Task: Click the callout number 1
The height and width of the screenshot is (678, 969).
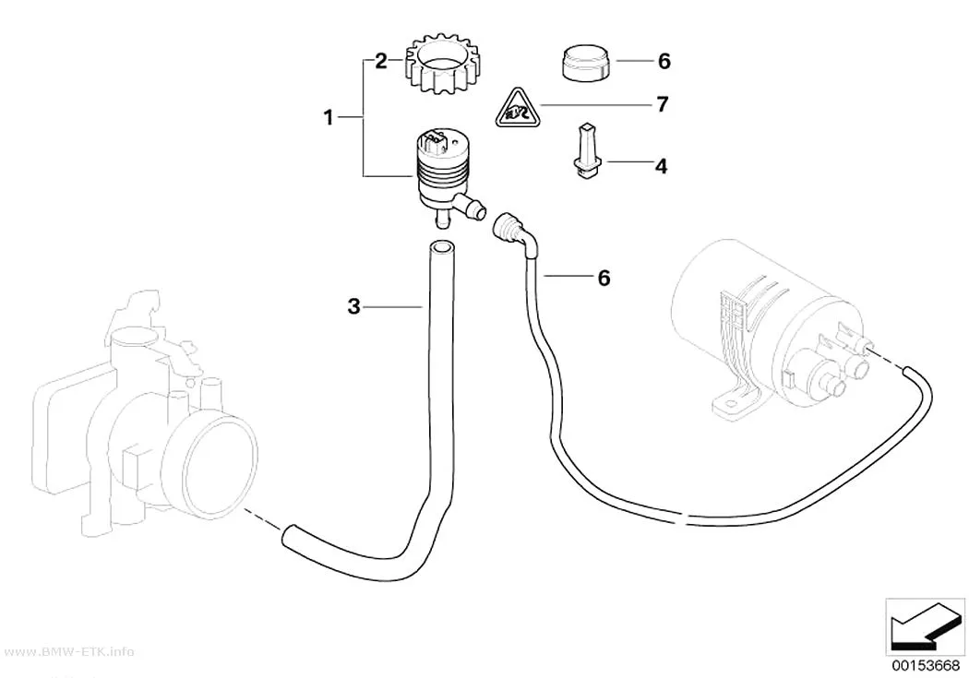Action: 329,117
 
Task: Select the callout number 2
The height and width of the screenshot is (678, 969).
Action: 380,61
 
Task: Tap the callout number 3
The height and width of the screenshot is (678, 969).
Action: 353,306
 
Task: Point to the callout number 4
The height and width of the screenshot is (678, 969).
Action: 662,166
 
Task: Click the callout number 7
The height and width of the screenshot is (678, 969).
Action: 662,105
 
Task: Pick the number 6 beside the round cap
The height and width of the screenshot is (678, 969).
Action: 664,61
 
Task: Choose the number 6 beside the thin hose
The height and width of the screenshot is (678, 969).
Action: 604,278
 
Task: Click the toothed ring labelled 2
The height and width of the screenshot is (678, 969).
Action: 441,65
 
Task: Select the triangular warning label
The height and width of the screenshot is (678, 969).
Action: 518,109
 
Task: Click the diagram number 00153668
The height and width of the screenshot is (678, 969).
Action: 925,665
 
